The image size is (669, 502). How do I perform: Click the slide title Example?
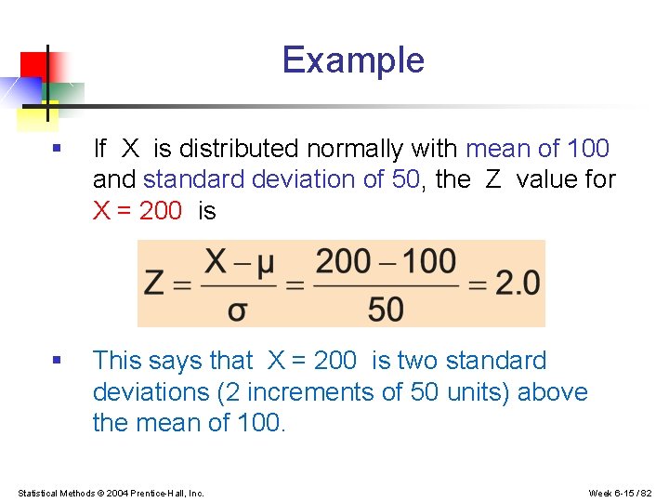pyautogui.click(x=353, y=60)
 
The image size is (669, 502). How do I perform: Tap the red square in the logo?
pyautogui.click(x=34, y=66)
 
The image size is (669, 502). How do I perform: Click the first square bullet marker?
pyautogui.click(x=57, y=149)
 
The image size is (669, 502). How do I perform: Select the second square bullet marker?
pyautogui.click(x=57, y=361)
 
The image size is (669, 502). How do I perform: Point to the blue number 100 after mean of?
pyautogui.click(x=587, y=149)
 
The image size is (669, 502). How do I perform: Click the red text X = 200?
pyautogui.click(x=138, y=211)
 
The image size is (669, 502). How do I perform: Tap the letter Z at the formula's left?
pyautogui.click(x=155, y=283)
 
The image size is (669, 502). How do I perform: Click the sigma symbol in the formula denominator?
pyautogui.click(x=238, y=309)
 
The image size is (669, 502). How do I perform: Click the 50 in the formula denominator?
pyautogui.click(x=386, y=309)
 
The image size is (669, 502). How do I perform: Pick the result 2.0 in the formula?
pyautogui.click(x=518, y=283)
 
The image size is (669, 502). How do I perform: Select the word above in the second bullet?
pyautogui.click(x=553, y=392)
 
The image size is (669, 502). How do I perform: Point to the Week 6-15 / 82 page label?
pyautogui.click(x=622, y=493)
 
